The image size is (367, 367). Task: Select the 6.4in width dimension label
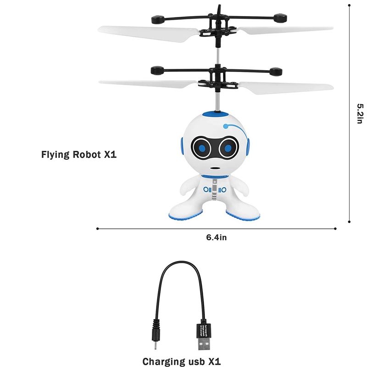pyautogui.click(x=217, y=237)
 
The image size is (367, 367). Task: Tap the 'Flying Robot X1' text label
pyautogui.click(x=79, y=155)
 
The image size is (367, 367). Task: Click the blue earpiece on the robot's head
pyautogui.click(x=246, y=147)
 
